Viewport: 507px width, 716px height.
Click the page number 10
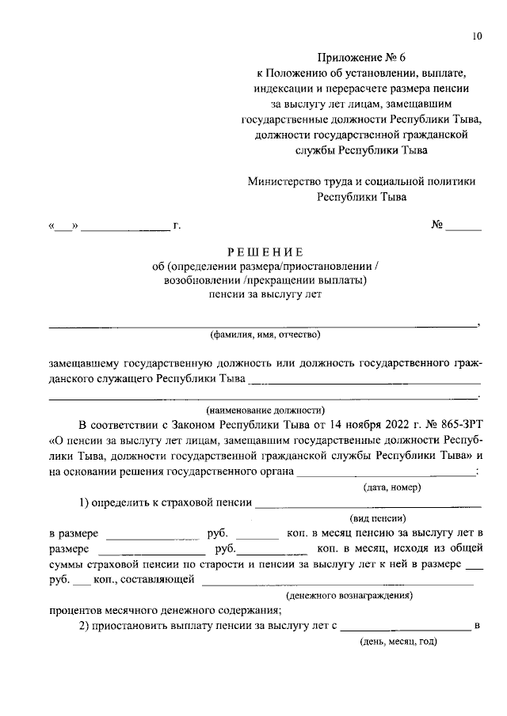pos(476,36)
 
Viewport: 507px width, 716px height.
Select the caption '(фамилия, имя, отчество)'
pos(265,335)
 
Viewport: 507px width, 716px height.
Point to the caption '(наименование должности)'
pos(265,410)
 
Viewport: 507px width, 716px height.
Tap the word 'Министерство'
pos(284,181)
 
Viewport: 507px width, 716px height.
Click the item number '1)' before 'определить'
pos(83,502)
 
